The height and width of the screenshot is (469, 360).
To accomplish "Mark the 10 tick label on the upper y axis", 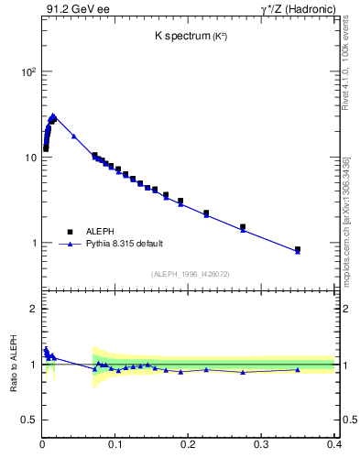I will coord(29,158).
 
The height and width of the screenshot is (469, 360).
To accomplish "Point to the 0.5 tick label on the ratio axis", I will coord(28,420).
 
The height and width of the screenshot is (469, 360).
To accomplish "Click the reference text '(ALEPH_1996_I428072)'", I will coord(189,273).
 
